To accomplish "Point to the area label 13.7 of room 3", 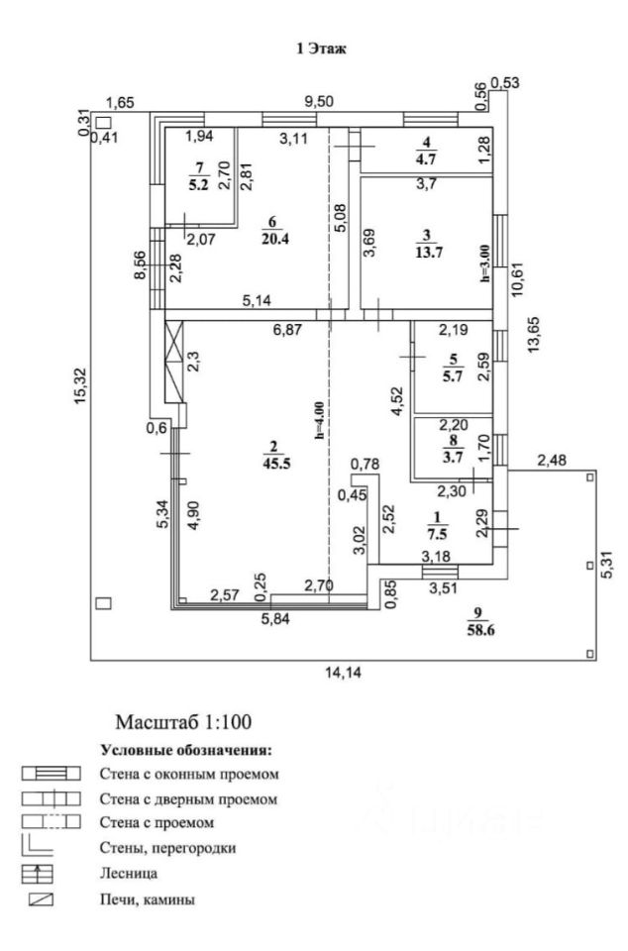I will point(426,251).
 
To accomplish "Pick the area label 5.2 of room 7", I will point(203,183).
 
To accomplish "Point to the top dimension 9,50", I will point(319,101).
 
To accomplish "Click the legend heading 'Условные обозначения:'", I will point(185,751).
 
